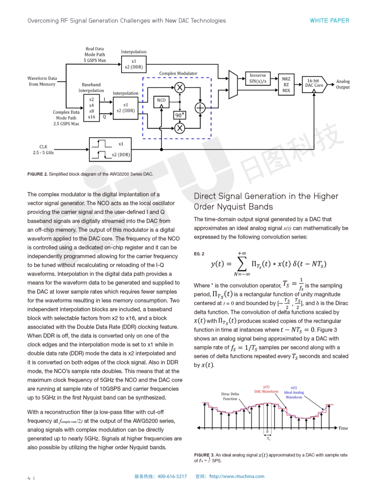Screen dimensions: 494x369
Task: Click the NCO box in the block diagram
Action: [x=161, y=100]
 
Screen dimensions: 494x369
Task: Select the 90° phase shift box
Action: [x=179, y=115]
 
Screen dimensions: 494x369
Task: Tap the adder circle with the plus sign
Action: [x=200, y=108]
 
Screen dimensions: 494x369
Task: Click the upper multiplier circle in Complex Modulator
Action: [x=180, y=88]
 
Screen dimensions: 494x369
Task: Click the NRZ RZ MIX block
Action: [x=286, y=85]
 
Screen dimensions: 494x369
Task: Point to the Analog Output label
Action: [x=343, y=84]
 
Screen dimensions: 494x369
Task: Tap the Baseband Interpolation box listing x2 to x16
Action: [x=92, y=108]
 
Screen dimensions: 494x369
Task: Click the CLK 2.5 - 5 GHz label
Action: [x=44, y=150]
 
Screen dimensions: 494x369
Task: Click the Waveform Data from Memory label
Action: [x=42, y=81]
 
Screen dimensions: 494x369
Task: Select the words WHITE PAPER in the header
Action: [x=329, y=21]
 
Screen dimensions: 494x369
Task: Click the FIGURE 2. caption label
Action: [x=37, y=174]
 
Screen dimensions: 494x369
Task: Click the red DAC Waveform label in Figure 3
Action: [x=266, y=389]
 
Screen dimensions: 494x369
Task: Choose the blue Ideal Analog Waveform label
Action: [x=294, y=392]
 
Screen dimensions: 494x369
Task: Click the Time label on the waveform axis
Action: [x=343, y=428]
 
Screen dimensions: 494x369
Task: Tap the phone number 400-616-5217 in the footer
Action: [x=172, y=477]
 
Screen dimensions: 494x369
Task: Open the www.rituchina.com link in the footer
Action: [x=237, y=477]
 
